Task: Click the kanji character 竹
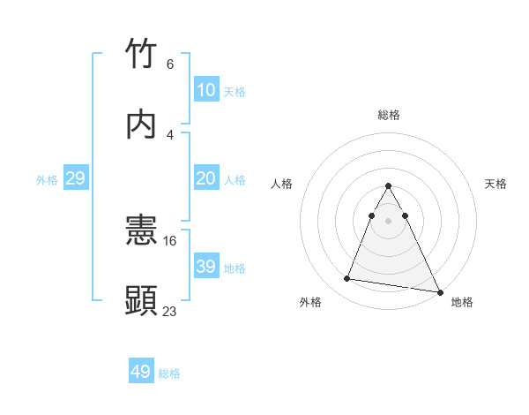point(142,54)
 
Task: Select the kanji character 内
point(142,124)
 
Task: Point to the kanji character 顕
point(142,301)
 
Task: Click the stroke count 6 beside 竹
point(169,64)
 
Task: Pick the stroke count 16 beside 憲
point(171,240)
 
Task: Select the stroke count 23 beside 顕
point(170,311)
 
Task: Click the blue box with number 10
point(205,90)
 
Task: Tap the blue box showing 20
point(205,178)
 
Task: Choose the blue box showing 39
point(205,267)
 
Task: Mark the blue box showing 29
point(75,178)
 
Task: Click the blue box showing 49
point(141,373)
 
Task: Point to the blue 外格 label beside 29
point(47,180)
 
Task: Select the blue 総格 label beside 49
point(169,373)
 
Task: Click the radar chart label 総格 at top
point(389,115)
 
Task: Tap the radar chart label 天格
point(496,184)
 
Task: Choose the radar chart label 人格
point(281,184)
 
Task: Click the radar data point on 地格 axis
point(439,292)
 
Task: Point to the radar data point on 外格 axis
point(347,279)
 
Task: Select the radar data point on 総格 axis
point(389,186)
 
